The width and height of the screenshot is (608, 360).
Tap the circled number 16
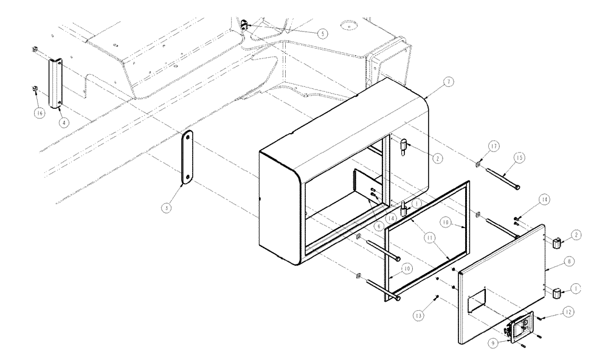[x=40, y=113]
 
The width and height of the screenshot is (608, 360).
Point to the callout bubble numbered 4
[x=63, y=122]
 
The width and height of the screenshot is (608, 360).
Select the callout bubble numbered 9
[x=492, y=342]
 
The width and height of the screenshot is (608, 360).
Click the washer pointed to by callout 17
[x=478, y=164]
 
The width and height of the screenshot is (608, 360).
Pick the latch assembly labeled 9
[x=522, y=329]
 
